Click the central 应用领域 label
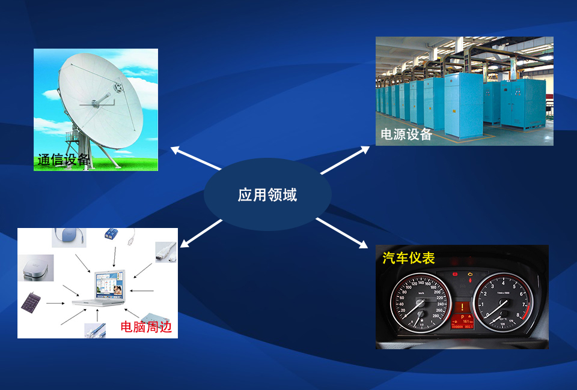point(267,194)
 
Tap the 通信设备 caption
point(63,160)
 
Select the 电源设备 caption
point(406,134)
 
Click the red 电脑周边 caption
point(146,326)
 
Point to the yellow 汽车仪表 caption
point(409,258)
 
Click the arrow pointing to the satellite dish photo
point(196,158)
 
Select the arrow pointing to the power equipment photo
point(345,160)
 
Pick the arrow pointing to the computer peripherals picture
point(201,233)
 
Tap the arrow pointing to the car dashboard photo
point(341,233)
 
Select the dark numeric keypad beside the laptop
point(31,302)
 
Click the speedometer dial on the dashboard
point(420,304)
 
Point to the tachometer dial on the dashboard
point(502,302)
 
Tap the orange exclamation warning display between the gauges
point(462,307)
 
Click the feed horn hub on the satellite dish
point(118,88)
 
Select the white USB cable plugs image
point(166,251)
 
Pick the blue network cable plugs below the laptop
point(95,331)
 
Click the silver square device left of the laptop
point(35,268)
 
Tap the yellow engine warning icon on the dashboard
point(470,274)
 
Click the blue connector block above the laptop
point(111,233)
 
